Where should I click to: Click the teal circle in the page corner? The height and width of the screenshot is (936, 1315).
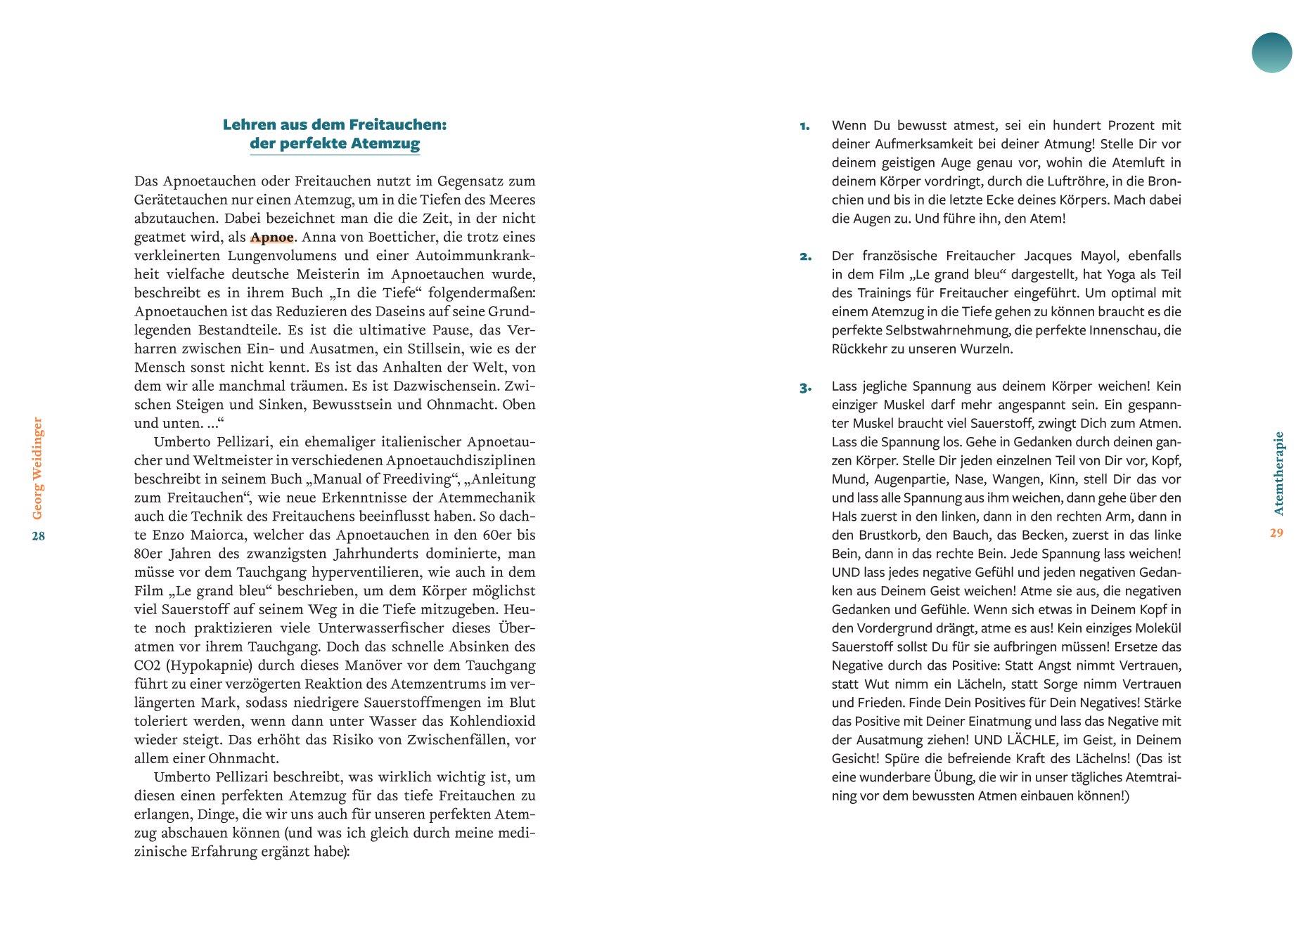point(1271,53)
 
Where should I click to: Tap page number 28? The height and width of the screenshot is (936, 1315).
point(38,536)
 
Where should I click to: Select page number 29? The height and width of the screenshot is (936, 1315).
point(1276,533)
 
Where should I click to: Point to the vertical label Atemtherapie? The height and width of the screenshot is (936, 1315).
point(1278,473)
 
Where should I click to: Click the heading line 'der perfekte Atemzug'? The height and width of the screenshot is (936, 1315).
point(335,143)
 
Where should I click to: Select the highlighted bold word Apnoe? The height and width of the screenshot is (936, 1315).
point(271,237)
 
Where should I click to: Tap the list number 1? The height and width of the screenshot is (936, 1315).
point(804,126)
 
